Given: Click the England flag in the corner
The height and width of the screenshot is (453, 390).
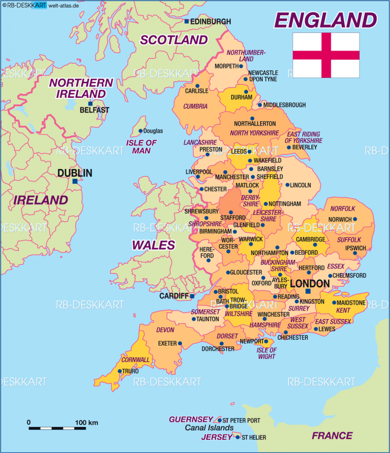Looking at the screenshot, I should (326, 55).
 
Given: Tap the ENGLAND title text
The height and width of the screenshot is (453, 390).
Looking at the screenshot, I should (326, 20).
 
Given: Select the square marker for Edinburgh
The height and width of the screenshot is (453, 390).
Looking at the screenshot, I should (187, 21).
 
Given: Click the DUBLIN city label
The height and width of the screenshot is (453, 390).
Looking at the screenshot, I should (74, 173).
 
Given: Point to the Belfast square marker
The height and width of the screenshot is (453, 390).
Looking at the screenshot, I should (90, 104).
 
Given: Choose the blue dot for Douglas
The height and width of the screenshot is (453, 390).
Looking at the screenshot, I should (140, 131).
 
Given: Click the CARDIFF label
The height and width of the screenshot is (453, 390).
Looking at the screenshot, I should (174, 296).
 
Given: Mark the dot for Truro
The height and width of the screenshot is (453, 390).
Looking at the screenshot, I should (120, 371).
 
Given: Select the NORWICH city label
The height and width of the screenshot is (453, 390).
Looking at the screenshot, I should (340, 219).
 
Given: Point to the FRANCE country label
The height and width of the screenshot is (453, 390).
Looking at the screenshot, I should (332, 435).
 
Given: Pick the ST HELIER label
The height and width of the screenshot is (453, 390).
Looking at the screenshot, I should (254, 438).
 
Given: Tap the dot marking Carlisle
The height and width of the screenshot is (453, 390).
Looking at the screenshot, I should (197, 86).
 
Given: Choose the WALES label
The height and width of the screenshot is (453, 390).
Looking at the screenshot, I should (153, 245).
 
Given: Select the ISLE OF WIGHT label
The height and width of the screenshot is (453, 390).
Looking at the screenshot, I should (266, 353).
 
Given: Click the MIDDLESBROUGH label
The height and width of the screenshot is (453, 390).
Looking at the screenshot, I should (285, 105).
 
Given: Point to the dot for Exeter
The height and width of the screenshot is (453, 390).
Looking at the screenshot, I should (180, 343).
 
